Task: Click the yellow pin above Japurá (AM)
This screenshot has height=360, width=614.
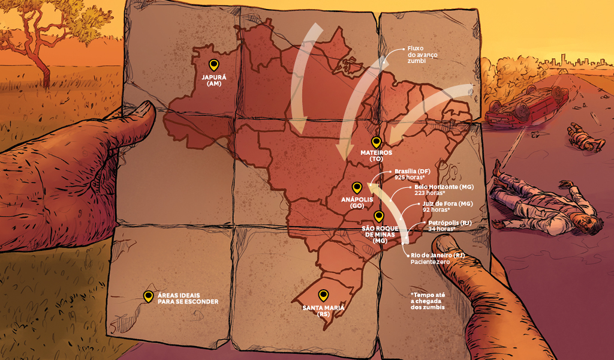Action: [x=213, y=65]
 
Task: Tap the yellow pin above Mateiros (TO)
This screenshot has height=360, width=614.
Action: [x=377, y=142]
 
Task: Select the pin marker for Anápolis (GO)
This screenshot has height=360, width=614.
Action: [x=357, y=187]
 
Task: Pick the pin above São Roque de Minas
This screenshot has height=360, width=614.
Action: [x=378, y=217]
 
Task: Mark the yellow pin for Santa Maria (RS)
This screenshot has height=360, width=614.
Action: [x=323, y=295]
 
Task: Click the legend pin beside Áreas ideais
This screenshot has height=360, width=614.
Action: [x=148, y=296]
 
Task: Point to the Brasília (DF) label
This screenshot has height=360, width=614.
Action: [x=413, y=171]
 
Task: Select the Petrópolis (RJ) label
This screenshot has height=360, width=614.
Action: [x=450, y=223]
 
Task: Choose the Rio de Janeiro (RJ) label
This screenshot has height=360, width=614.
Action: [x=437, y=256]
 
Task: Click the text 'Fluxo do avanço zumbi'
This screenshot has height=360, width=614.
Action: [x=422, y=55]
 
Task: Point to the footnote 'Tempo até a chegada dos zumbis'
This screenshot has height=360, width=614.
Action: [x=428, y=301]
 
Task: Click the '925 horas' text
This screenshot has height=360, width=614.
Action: [x=410, y=178]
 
